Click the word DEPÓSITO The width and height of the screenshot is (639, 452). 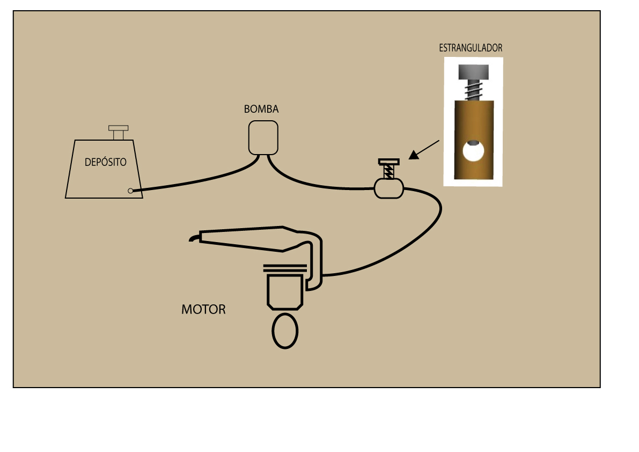[x=106, y=162]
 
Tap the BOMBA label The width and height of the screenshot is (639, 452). [x=261, y=109]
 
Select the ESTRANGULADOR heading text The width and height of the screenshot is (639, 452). [x=471, y=48]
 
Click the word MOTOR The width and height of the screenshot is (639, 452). [x=203, y=309]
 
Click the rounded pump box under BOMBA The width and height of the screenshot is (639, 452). [x=263, y=138]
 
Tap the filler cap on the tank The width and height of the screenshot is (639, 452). [x=118, y=133]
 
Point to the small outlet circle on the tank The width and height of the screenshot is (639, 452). [x=130, y=191]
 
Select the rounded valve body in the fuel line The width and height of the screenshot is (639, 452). [x=389, y=189]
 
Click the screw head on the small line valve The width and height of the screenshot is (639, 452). [x=389, y=162]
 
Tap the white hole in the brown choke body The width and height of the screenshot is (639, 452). [x=473, y=150]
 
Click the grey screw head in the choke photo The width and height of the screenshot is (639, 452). [x=474, y=72]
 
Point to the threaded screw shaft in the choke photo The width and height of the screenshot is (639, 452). [x=474, y=90]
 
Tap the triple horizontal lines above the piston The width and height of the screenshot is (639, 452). [x=285, y=268]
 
